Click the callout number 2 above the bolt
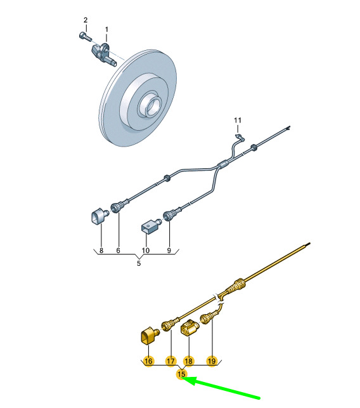pos(86,20)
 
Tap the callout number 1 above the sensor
pos(106,30)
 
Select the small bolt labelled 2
pos(86,37)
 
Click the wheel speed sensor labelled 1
pos(104,54)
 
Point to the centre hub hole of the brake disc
pos(151,105)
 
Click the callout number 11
pos(237,120)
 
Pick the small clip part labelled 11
pos(240,138)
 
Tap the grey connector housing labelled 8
pos(99,216)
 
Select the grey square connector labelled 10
pos(150,226)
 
